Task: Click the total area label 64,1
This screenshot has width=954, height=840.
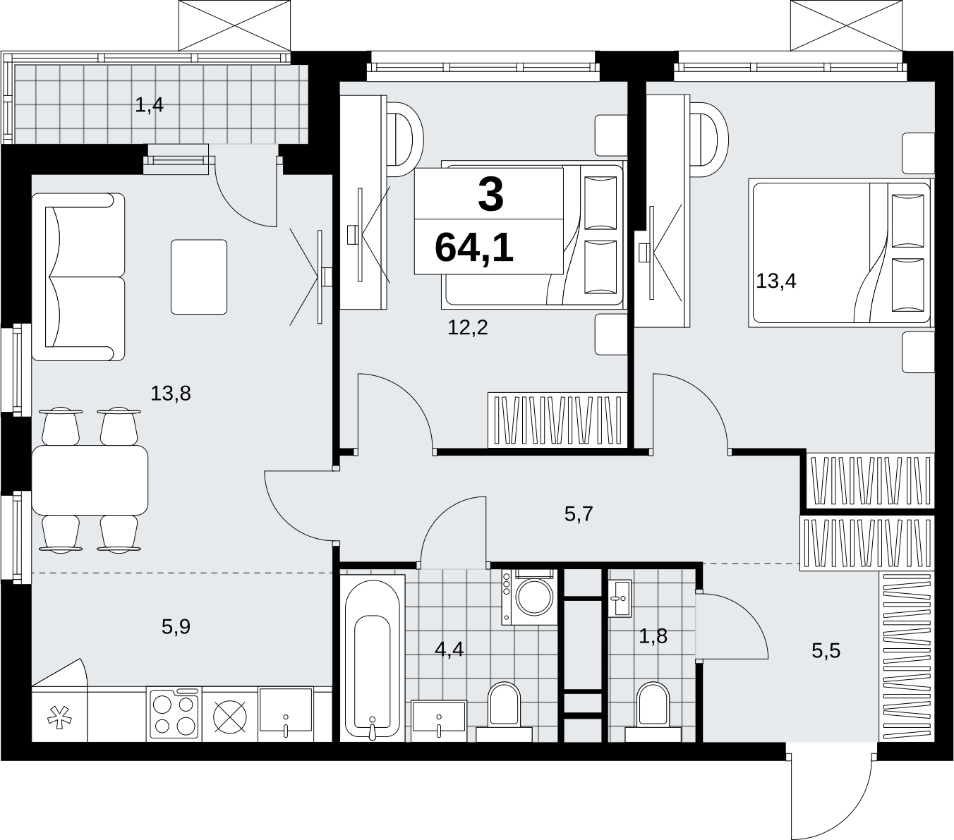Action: tap(473, 248)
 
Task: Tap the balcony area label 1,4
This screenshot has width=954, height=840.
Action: tap(150, 104)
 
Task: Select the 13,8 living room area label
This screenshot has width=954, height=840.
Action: tap(171, 393)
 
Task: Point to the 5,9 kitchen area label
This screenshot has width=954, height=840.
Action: tap(176, 626)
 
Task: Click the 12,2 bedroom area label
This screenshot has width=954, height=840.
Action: tap(468, 327)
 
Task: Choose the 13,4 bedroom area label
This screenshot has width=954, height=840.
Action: tap(776, 281)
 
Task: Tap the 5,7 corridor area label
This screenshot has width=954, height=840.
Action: tap(578, 514)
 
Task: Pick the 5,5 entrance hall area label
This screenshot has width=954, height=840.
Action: tap(826, 651)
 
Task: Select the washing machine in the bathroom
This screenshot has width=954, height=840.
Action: tap(529, 597)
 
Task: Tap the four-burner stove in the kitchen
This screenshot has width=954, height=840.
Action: tap(174, 714)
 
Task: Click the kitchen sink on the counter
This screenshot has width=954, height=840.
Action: tap(286, 714)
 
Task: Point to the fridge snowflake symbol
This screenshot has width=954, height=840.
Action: tap(59, 720)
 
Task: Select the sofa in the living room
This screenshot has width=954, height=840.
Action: tap(78, 276)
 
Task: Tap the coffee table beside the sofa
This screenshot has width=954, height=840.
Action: tap(199, 276)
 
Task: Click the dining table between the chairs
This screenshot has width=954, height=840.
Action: tap(90, 480)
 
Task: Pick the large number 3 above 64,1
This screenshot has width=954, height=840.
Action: tap(490, 195)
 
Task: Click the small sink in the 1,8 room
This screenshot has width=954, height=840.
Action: tap(620, 598)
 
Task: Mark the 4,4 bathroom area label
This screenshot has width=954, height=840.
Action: tap(449, 650)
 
